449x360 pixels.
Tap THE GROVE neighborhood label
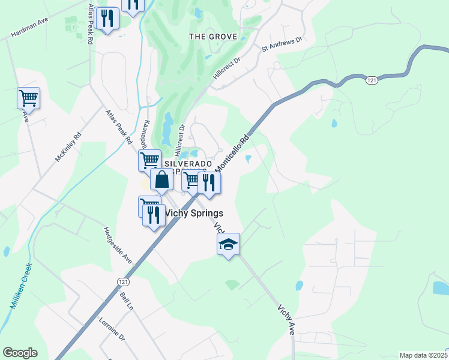213,37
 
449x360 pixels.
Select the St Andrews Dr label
282,47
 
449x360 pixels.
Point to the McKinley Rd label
67,148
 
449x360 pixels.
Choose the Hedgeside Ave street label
118,245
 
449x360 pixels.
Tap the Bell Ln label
126,302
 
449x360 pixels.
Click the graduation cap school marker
228,244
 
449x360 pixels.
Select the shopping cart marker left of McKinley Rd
28,98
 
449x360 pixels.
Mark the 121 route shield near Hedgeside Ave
123,281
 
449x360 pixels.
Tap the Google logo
20,353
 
